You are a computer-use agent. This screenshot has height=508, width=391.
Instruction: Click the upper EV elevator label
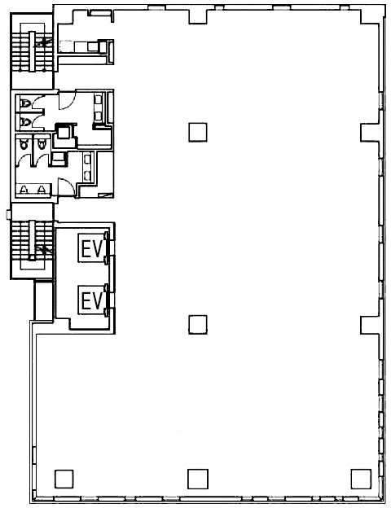[x=91, y=248]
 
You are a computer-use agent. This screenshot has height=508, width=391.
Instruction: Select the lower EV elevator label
[x=91, y=300]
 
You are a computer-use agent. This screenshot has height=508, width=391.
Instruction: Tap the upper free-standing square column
[x=198, y=132]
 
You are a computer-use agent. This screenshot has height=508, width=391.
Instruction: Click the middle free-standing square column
[x=198, y=325]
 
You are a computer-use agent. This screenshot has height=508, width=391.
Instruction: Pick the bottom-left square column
[x=64, y=479]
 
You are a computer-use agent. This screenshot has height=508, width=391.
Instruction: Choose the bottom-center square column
[x=198, y=479]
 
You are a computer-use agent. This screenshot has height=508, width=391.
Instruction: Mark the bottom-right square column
[x=361, y=479]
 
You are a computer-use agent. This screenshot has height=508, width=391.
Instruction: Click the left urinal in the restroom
[x=24, y=189]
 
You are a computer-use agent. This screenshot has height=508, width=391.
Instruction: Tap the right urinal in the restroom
[x=41, y=189]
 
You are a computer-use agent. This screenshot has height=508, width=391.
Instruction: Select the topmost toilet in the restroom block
[x=25, y=103]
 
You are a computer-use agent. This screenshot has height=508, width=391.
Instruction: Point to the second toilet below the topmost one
[x=25, y=122]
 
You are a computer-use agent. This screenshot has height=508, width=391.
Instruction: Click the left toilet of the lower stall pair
[x=24, y=143]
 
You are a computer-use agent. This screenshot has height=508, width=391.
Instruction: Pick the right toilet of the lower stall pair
[x=41, y=143]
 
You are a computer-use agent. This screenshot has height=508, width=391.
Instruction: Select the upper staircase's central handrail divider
[x=32, y=51]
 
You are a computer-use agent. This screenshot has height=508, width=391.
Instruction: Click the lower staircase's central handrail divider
[x=32, y=240]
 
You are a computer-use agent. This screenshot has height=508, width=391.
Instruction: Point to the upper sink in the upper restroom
[x=98, y=99]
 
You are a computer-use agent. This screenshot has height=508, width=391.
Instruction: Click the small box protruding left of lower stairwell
[x=8, y=214]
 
